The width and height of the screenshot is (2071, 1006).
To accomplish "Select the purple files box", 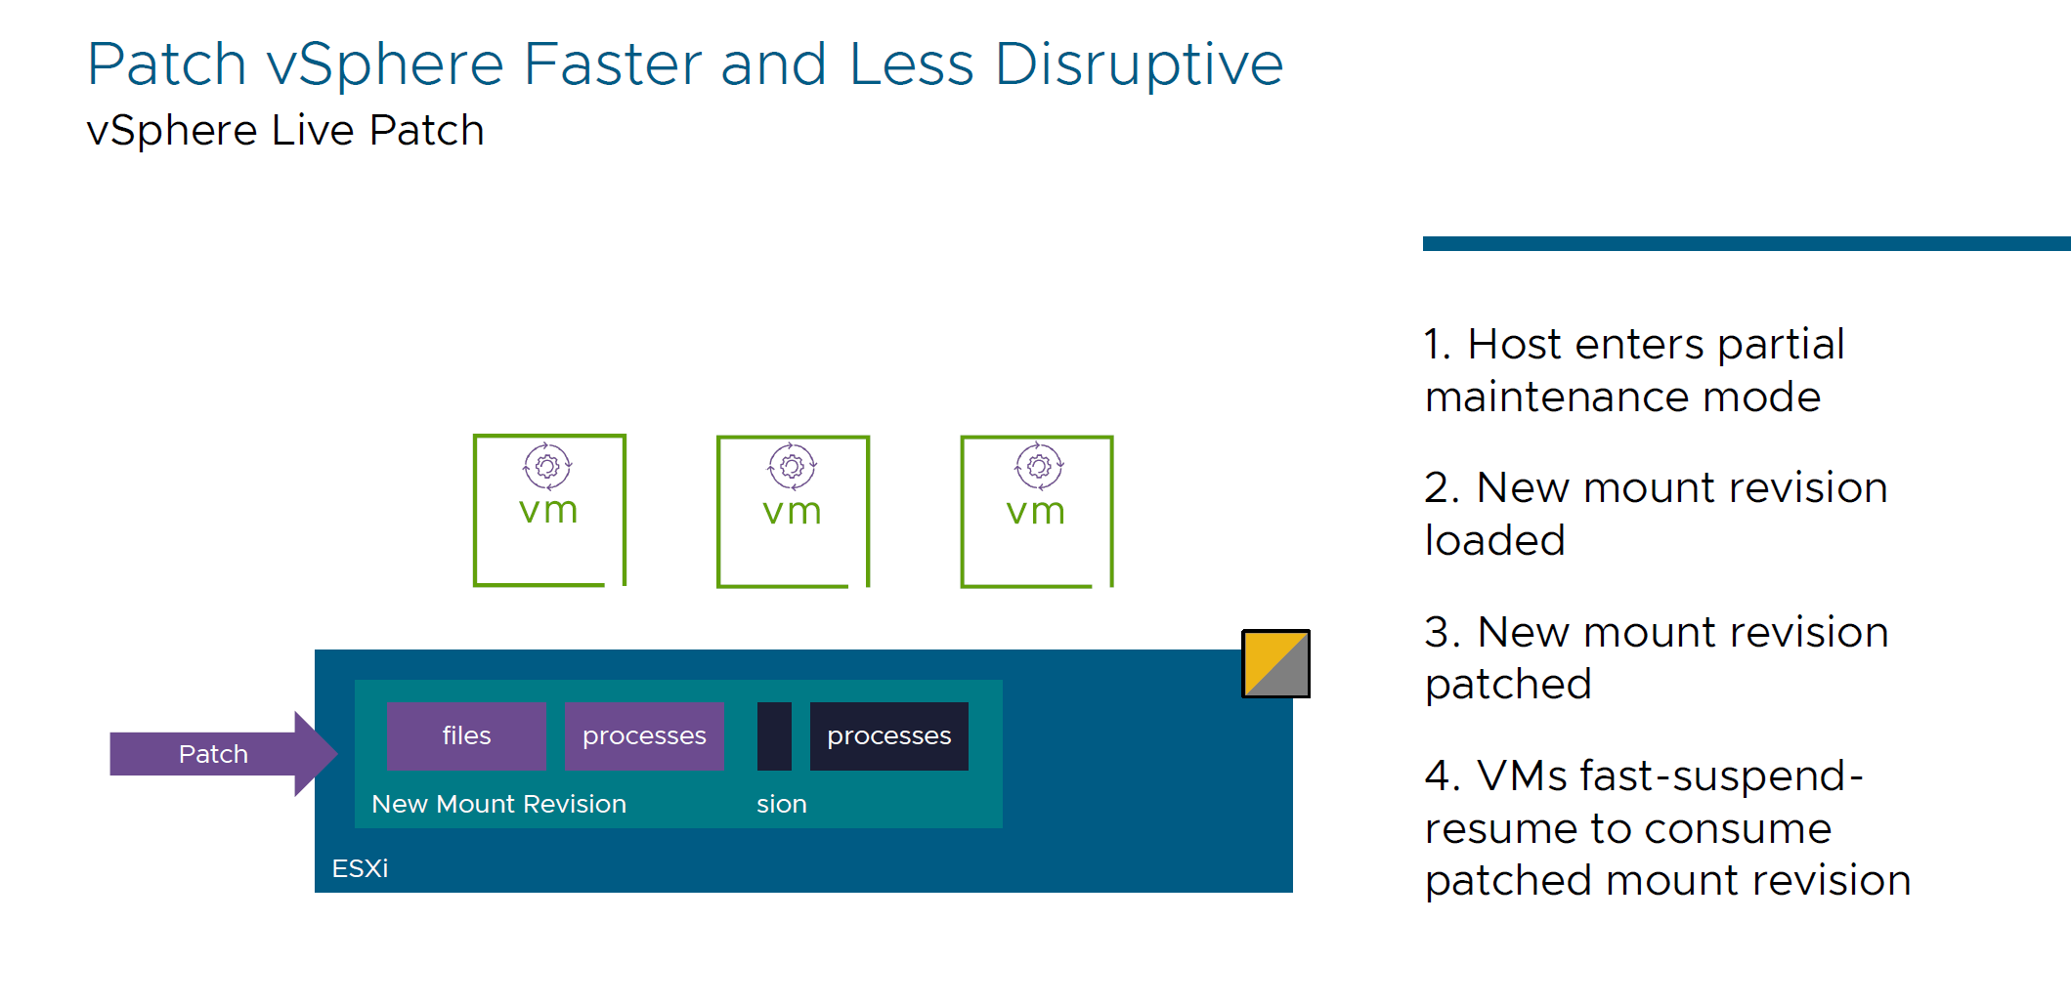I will click(466, 736).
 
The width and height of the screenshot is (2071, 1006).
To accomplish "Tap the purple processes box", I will click(644, 736).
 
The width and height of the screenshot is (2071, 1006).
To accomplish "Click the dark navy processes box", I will click(888, 736).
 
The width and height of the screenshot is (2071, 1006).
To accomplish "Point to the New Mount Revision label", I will click(498, 804).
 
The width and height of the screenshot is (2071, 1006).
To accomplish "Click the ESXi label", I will click(360, 868).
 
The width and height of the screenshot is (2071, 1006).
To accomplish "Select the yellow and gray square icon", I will click(1275, 664).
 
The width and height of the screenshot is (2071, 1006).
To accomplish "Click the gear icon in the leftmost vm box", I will click(547, 466).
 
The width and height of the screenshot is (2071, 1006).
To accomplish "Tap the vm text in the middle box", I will click(792, 511).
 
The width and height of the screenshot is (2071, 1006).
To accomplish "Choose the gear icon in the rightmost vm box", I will click(1038, 466).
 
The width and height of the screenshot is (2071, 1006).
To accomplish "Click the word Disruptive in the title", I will click(1139, 64).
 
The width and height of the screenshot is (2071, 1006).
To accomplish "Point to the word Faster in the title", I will click(613, 64).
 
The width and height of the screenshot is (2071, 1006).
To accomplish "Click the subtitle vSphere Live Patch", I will click(285, 130).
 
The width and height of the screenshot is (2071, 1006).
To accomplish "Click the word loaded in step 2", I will click(1494, 540).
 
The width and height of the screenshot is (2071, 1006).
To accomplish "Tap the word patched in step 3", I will click(1508, 684).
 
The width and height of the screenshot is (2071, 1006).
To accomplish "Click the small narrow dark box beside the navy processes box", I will click(774, 736).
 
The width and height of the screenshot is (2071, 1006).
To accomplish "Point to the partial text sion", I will click(781, 804).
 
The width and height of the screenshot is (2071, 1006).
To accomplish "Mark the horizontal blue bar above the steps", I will click(1746, 243).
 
